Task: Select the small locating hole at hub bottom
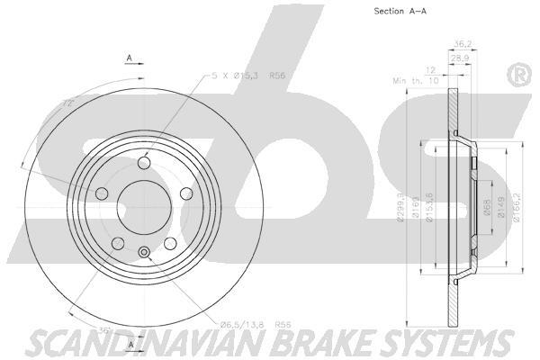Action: (143, 251)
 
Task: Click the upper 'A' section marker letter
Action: (130, 58)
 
